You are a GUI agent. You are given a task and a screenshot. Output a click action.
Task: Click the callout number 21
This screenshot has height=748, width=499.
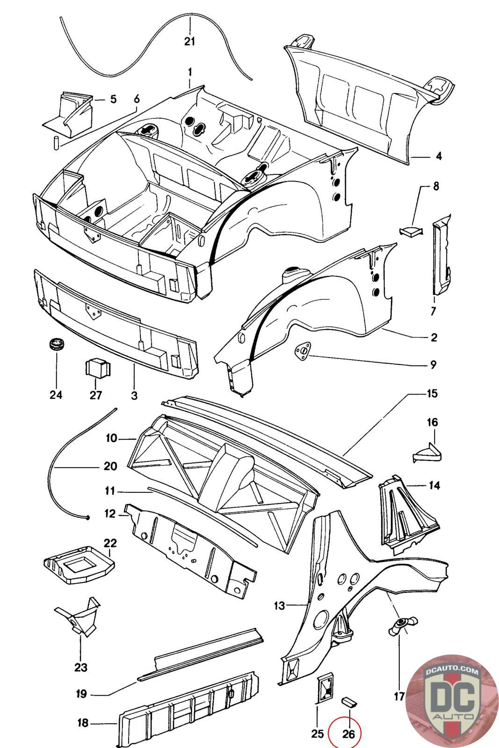coord(189,42)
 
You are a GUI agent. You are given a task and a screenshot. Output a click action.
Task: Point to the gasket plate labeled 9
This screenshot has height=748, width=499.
coord(302,352)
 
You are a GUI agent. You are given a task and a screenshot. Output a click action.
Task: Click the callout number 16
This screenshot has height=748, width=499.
coord(432,422)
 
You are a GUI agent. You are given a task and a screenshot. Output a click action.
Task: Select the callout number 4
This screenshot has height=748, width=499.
coord(439,156)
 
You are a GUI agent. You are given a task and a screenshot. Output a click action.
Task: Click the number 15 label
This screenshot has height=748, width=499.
coord(432,393)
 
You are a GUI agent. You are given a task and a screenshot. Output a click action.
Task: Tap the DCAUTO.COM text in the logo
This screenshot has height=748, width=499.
coord(452,671)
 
